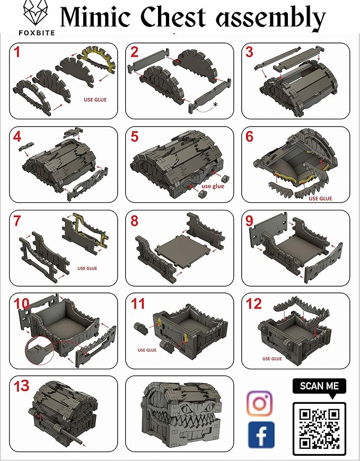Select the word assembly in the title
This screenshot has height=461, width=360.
[x=271, y=18]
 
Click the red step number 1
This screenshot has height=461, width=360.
[x=17, y=52]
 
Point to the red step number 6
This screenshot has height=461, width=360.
[x=249, y=136]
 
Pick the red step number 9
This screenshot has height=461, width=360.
[x=249, y=220]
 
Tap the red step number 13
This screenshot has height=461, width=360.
[x=21, y=386]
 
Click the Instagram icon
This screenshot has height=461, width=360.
[x=259, y=403]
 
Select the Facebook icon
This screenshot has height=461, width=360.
[x=261, y=435]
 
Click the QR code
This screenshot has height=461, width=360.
[x=319, y=429]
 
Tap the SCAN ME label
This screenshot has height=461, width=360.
[x=319, y=386]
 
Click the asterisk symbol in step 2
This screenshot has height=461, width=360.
[x=216, y=105]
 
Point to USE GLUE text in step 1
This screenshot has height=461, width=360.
[x=95, y=100]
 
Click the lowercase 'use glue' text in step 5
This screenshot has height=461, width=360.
[x=213, y=186]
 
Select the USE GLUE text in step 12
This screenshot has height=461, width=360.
[x=272, y=359]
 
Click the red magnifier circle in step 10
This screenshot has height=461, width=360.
[x=40, y=350]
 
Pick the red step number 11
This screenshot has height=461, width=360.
[x=137, y=304]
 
